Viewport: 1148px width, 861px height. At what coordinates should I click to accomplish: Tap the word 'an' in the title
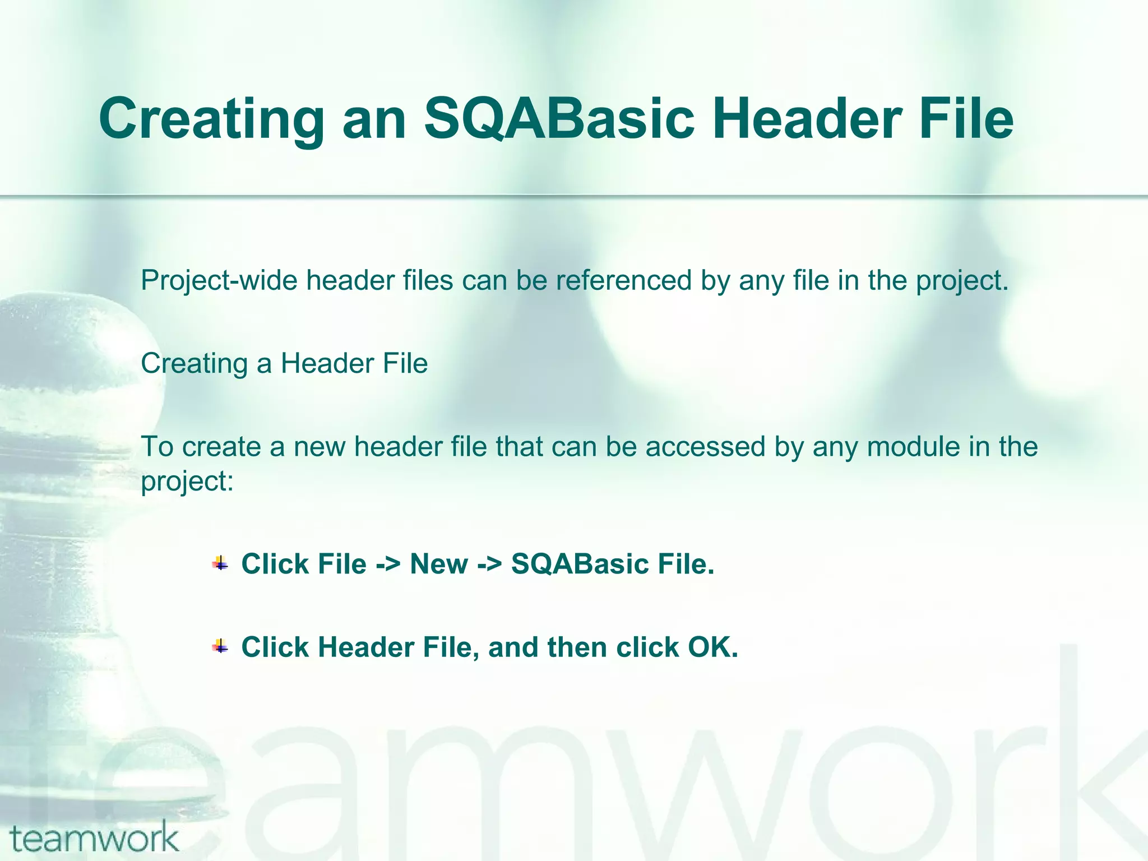coord(374,119)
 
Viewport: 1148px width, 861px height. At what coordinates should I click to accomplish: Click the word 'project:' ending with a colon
coord(187,481)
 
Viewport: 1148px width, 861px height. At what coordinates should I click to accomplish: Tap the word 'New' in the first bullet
coord(439,564)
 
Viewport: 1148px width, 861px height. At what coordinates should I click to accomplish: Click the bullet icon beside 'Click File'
coord(220,563)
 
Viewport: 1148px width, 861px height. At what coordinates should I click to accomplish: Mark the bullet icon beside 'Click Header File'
coord(220,647)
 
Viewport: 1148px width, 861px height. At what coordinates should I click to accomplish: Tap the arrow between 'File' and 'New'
coord(388,564)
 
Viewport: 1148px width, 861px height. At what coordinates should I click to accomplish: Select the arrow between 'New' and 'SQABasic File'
coord(489,564)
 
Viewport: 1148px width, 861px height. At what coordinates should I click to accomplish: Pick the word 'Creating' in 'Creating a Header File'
coord(194,363)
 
